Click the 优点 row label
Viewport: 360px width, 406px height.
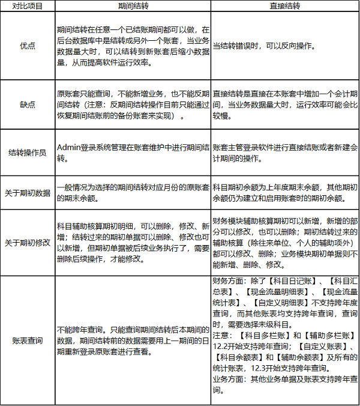click(x=26, y=45)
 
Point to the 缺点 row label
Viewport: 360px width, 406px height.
click(x=26, y=104)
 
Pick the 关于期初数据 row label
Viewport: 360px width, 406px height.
click(x=26, y=192)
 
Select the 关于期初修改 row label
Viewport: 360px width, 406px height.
click(x=26, y=243)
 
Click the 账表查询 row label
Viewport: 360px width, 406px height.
click(x=26, y=341)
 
